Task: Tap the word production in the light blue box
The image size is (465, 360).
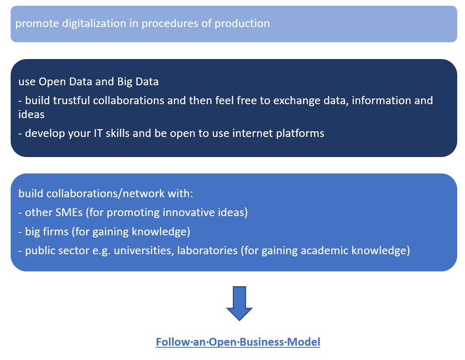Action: click(242, 24)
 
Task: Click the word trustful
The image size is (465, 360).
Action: click(71, 100)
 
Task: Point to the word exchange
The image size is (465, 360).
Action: click(297, 101)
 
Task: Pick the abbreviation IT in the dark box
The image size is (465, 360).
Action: click(98, 133)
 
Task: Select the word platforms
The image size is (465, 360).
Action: click(300, 134)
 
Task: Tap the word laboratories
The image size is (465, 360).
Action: click(207, 251)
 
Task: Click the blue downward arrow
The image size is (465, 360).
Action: click(239, 303)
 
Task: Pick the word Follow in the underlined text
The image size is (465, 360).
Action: click(173, 342)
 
